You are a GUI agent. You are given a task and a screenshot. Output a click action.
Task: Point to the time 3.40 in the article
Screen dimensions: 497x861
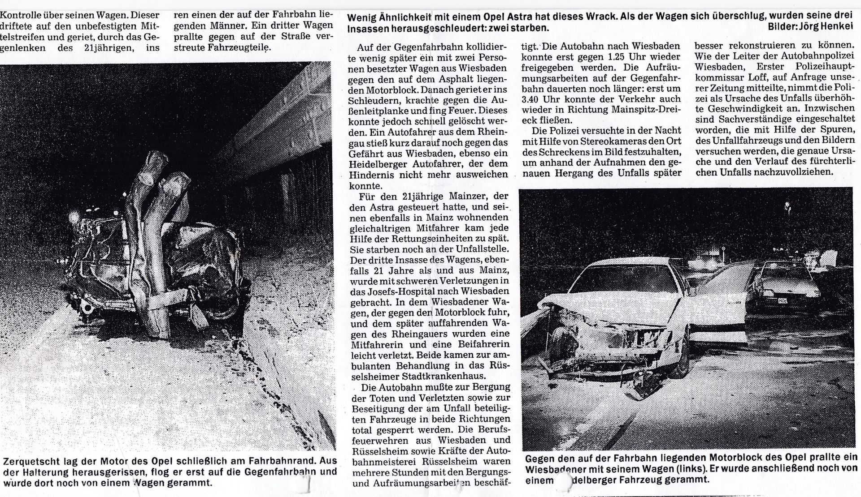(533, 99)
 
